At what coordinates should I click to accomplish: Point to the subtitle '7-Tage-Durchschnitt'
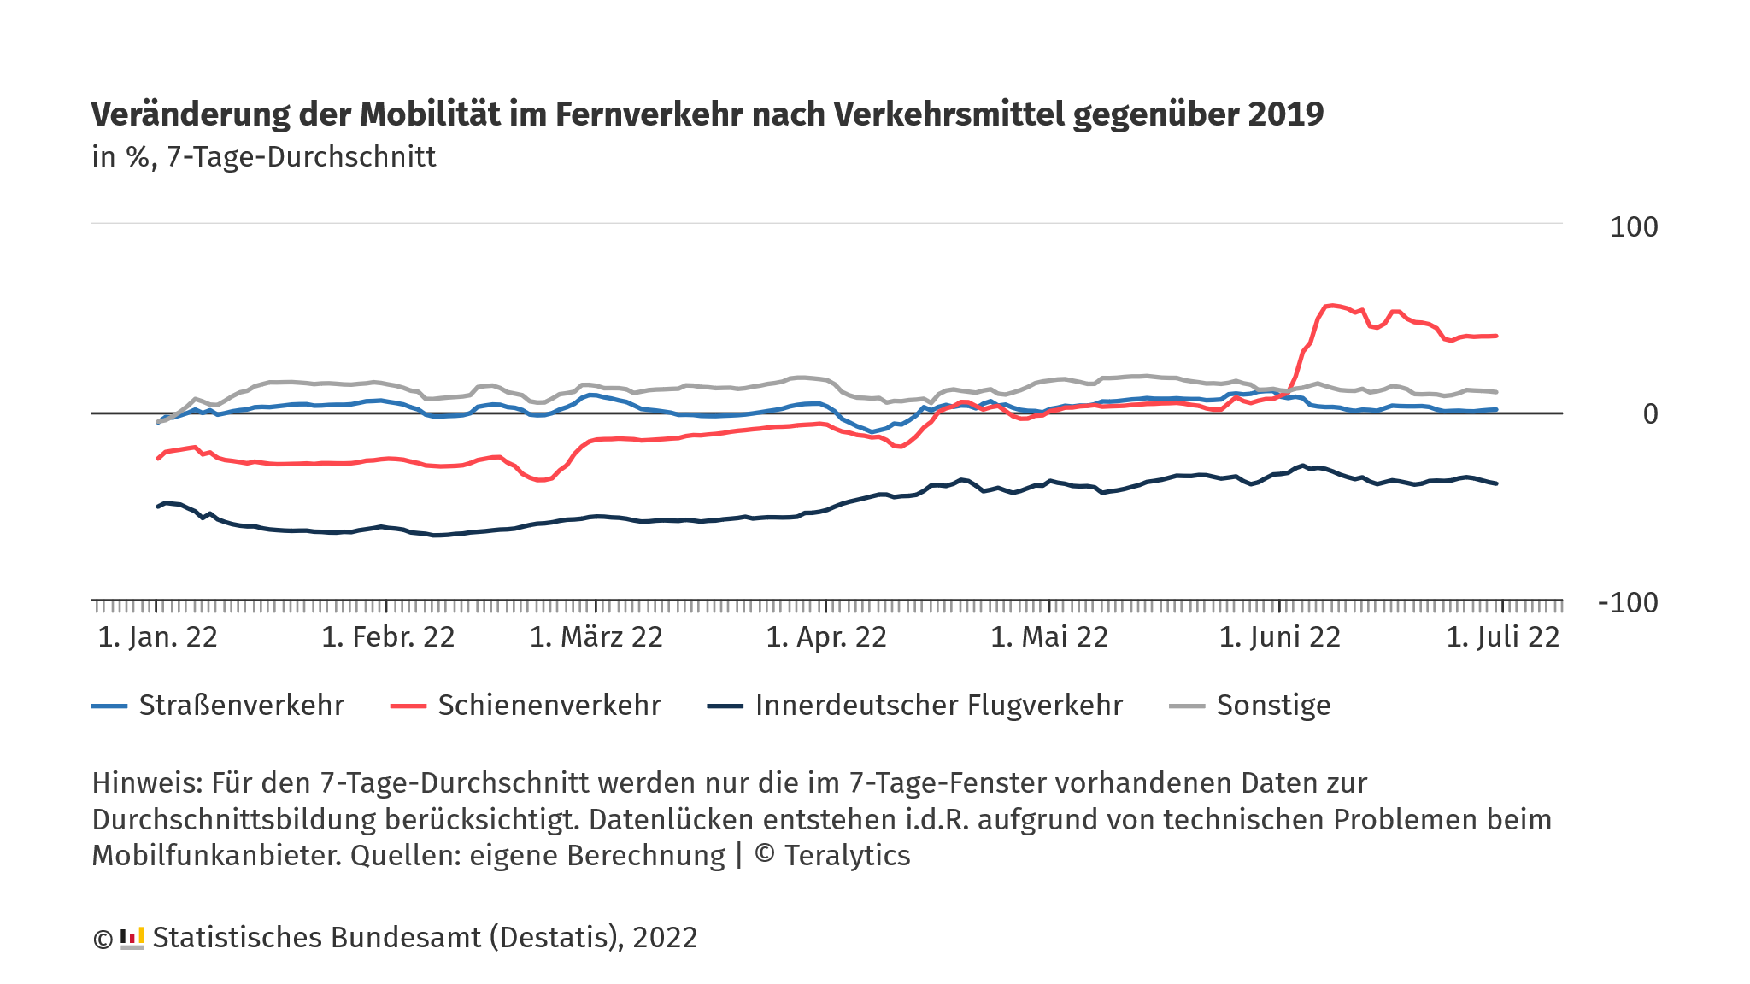tap(301, 157)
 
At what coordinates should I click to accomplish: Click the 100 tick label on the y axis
tap(1633, 227)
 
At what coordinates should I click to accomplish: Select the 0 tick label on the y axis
tap(1650, 414)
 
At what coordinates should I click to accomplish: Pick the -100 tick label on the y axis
tap(1627, 603)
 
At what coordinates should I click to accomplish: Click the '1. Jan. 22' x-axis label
tap(158, 637)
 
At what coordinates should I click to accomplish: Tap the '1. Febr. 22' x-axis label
tap(388, 637)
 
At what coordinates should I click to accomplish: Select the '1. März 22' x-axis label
tap(596, 637)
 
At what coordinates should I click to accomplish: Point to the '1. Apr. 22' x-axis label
tap(826, 637)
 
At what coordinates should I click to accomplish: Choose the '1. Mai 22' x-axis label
tap(1049, 637)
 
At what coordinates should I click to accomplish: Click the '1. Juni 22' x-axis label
tap(1279, 637)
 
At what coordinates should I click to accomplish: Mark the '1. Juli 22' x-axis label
tap(1502, 637)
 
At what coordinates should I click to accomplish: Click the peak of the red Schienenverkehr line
tap(1331, 305)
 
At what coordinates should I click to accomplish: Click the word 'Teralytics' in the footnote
tap(847, 856)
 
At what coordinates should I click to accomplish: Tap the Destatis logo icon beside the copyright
tap(132, 938)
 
